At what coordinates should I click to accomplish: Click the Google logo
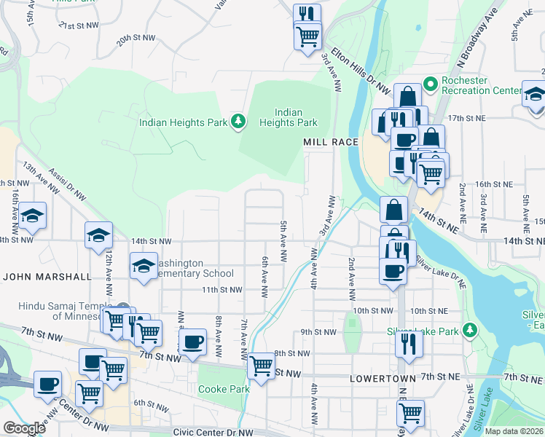[x=24, y=428]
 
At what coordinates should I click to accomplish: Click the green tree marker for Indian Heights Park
[x=238, y=121]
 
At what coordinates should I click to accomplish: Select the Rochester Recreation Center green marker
[x=430, y=84]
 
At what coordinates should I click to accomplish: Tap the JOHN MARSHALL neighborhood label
[x=47, y=277]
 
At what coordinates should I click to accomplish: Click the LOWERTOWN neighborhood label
[x=383, y=379]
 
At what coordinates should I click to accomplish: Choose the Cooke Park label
[x=224, y=389]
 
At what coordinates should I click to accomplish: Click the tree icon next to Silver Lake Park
[x=471, y=331]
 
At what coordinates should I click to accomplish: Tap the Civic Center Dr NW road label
[x=209, y=432]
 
